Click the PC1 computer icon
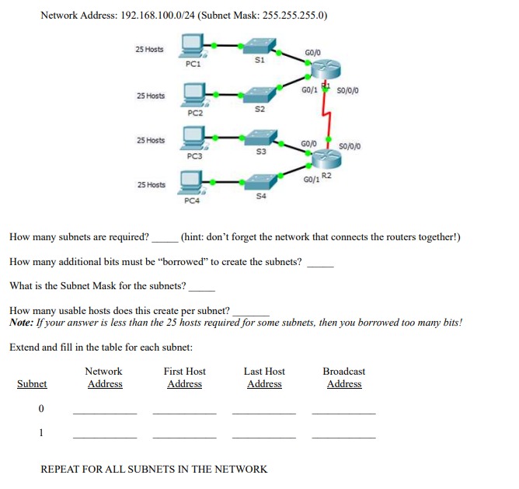(x=193, y=46)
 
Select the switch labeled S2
(x=260, y=96)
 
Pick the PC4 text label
(x=193, y=201)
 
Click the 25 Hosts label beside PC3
(x=150, y=141)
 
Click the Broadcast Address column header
(x=343, y=378)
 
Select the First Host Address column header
(x=185, y=378)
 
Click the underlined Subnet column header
(x=32, y=384)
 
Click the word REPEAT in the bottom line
(x=59, y=469)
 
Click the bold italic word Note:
(x=23, y=322)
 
